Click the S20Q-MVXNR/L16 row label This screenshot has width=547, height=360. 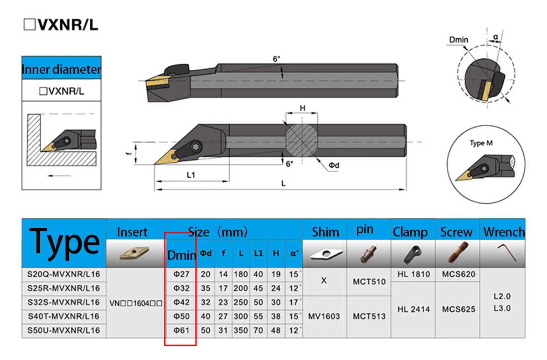[63, 274]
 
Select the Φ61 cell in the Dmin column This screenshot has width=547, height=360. [181, 330]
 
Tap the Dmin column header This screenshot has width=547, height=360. [182, 255]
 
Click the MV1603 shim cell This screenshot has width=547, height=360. [324, 317]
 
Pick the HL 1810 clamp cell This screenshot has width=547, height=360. [413, 274]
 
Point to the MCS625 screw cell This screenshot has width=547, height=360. [459, 309]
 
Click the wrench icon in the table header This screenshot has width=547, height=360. [507, 252]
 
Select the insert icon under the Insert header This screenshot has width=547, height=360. [134, 253]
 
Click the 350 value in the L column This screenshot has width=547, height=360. [241, 330]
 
